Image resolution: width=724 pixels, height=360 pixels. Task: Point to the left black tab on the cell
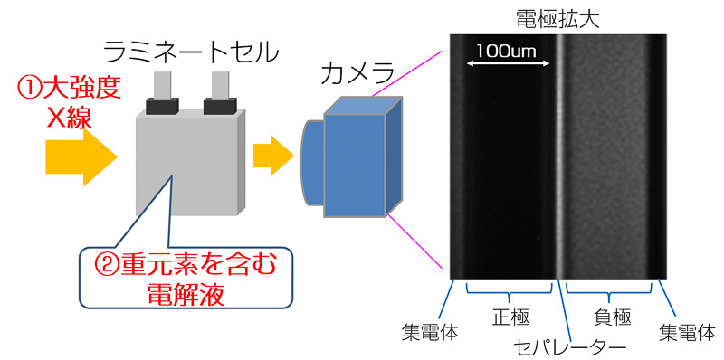pyautogui.click(x=162, y=107)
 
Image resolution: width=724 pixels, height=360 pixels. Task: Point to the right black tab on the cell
pyautogui.click(x=221, y=107)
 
